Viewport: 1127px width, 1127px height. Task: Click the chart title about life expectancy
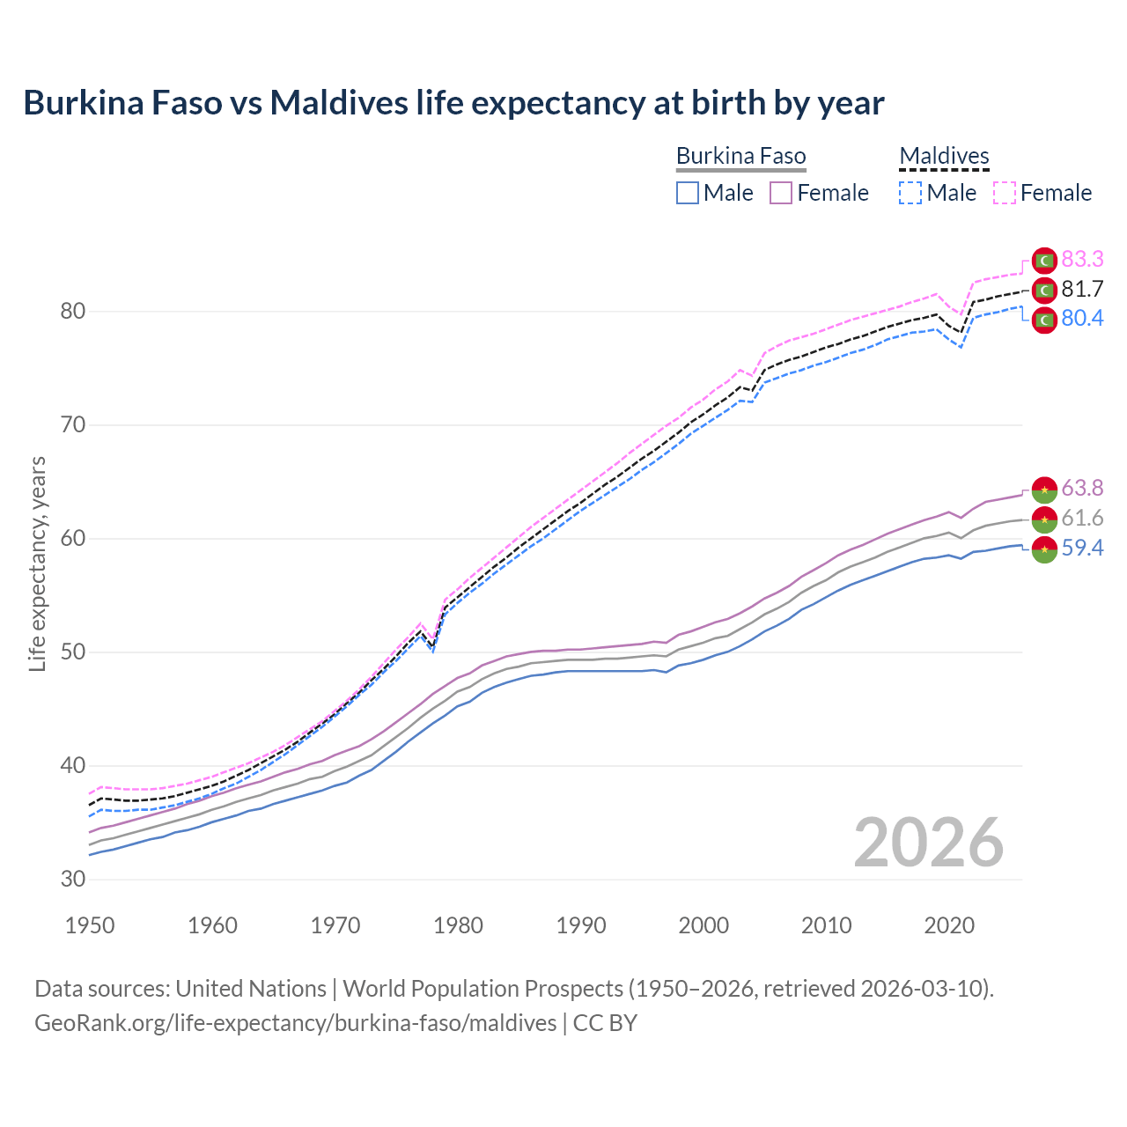point(453,103)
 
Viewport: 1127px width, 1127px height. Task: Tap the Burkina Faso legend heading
point(740,157)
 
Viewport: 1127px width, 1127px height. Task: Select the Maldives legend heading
point(944,157)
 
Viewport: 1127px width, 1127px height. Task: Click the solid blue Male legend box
point(688,193)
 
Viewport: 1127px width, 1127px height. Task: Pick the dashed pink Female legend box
point(1005,193)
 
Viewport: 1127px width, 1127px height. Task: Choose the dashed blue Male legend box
point(910,193)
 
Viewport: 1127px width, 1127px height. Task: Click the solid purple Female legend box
point(782,193)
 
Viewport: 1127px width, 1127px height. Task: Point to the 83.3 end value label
point(1082,259)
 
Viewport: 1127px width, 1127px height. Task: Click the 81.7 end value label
point(1082,289)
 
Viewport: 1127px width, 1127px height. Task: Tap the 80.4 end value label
point(1082,318)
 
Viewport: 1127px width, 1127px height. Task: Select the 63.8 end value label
point(1082,488)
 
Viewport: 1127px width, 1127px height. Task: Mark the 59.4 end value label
point(1082,548)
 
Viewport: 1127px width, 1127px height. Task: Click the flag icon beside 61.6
point(1044,519)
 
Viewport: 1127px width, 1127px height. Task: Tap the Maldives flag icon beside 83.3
point(1044,261)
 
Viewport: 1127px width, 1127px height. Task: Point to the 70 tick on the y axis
point(73,425)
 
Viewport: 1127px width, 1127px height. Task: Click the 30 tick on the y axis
point(73,880)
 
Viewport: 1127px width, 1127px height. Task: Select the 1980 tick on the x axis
point(459,925)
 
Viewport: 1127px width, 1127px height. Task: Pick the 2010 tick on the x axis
point(826,925)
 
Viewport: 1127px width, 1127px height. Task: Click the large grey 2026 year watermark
point(929,843)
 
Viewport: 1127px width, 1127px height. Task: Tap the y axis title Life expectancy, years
point(38,563)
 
